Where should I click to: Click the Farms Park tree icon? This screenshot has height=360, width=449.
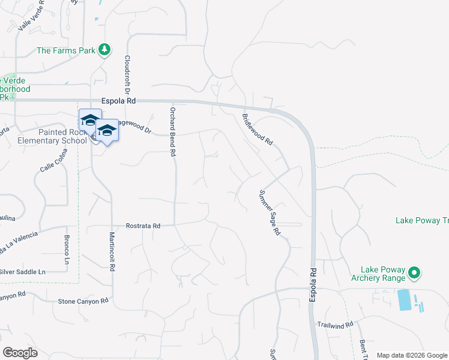click(105, 50)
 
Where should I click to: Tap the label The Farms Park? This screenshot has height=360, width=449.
click(66, 50)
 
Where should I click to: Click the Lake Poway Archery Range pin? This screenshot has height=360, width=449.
click(414, 274)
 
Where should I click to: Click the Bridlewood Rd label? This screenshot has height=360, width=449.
click(258, 130)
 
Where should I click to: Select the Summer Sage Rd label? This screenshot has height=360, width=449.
click(270, 212)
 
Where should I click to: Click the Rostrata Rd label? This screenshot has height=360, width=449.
click(143, 226)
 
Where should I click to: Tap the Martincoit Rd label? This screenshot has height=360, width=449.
click(111, 251)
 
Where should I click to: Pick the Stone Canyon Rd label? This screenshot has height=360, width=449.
click(83, 301)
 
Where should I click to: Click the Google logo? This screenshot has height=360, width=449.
click(20, 353)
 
